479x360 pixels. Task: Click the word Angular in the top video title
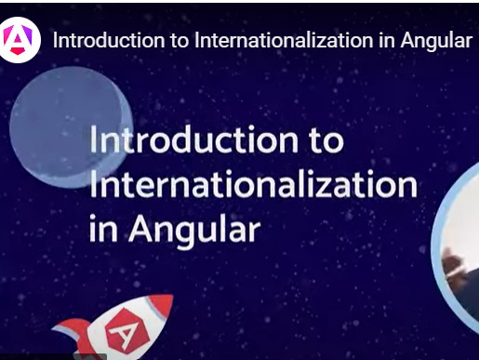click(436, 42)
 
